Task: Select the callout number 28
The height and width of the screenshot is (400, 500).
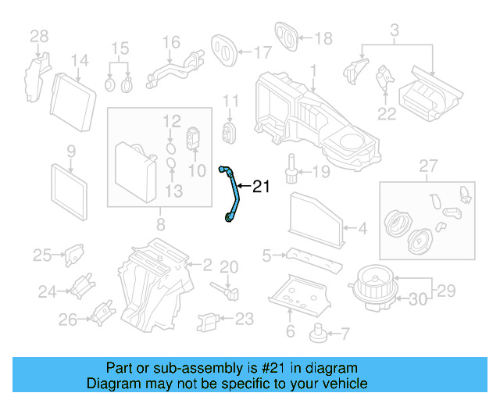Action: [39, 35]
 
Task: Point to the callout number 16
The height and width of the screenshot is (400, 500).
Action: [171, 41]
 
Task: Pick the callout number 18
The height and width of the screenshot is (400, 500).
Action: [323, 37]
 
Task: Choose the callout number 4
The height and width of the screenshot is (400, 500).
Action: [362, 229]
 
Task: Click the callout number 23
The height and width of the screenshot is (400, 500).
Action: [244, 319]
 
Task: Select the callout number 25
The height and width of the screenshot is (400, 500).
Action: [41, 254]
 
